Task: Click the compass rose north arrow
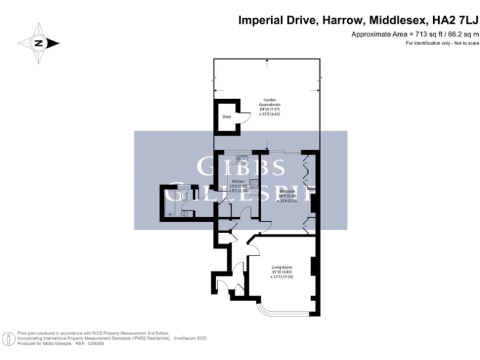point(39,43)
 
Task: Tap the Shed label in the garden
point(226,117)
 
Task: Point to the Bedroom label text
point(287,191)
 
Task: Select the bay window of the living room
point(276,307)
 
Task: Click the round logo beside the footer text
point(9,339)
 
